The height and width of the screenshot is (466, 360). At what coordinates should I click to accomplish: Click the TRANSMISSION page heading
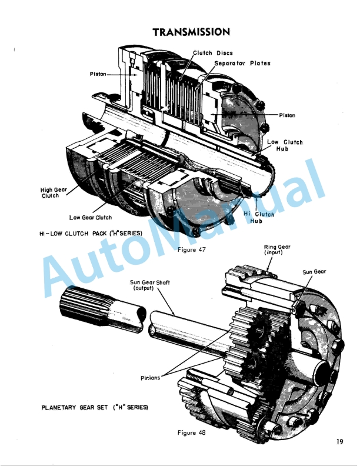tap(191, 31)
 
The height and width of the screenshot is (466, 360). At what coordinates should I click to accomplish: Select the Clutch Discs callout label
tap(213, 53)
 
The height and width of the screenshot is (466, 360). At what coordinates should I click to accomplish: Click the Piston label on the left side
tap(98, 74)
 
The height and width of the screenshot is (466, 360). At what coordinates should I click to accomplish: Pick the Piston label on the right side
tap(287, 115)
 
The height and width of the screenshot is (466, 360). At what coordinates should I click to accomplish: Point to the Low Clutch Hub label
tap(285, 145)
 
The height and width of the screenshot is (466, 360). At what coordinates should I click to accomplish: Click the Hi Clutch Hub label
tap(259, 218)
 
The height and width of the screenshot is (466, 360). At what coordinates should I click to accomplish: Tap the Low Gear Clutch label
tap(90, 218)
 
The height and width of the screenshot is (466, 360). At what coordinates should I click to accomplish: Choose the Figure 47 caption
tap(191, 249)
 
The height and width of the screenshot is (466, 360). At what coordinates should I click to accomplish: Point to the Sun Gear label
tap(314, 272)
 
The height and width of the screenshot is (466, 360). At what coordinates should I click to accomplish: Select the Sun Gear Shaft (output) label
tap(150, 286)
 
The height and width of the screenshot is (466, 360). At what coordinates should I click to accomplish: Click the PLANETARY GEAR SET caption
tap(94, 407)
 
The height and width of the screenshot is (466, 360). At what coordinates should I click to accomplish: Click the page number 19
tap(340, 442)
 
